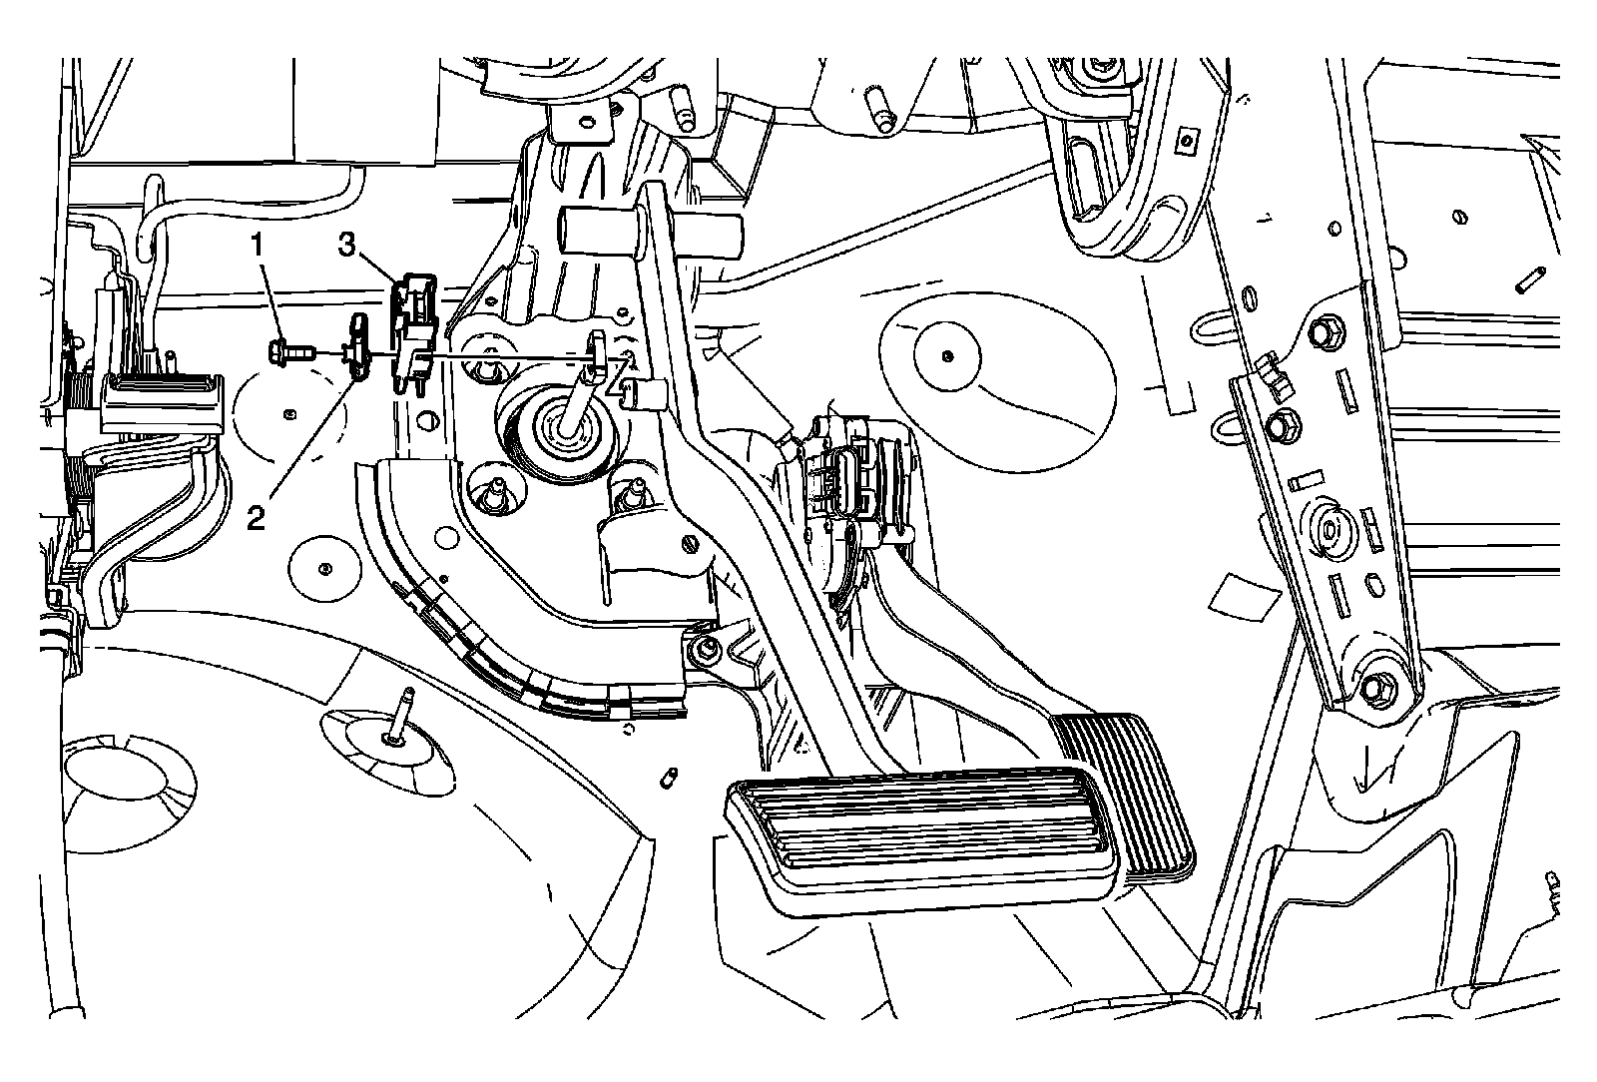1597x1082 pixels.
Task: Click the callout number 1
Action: tap(258, 242)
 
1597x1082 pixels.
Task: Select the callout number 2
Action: tap(257, 516)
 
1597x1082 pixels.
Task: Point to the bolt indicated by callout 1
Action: tap(286, 351)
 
